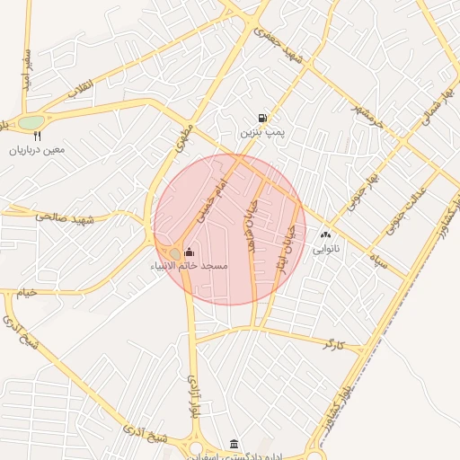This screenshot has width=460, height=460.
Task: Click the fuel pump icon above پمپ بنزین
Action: pos(261,118)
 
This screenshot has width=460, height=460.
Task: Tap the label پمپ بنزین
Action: pos(261,132)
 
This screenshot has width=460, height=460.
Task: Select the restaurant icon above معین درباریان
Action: pos(38,137)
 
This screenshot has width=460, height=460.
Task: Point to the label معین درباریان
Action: pos(38,150)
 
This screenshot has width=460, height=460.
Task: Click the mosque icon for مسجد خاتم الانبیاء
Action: pos(189,252)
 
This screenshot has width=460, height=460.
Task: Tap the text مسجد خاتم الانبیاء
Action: pos(190,267)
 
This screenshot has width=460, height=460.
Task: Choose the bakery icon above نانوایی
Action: pos(325,234)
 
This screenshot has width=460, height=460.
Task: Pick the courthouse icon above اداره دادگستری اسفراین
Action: pos(234,445)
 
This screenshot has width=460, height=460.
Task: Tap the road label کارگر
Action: pos(333,344)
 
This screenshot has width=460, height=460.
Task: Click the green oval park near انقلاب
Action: pos(31,122)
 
